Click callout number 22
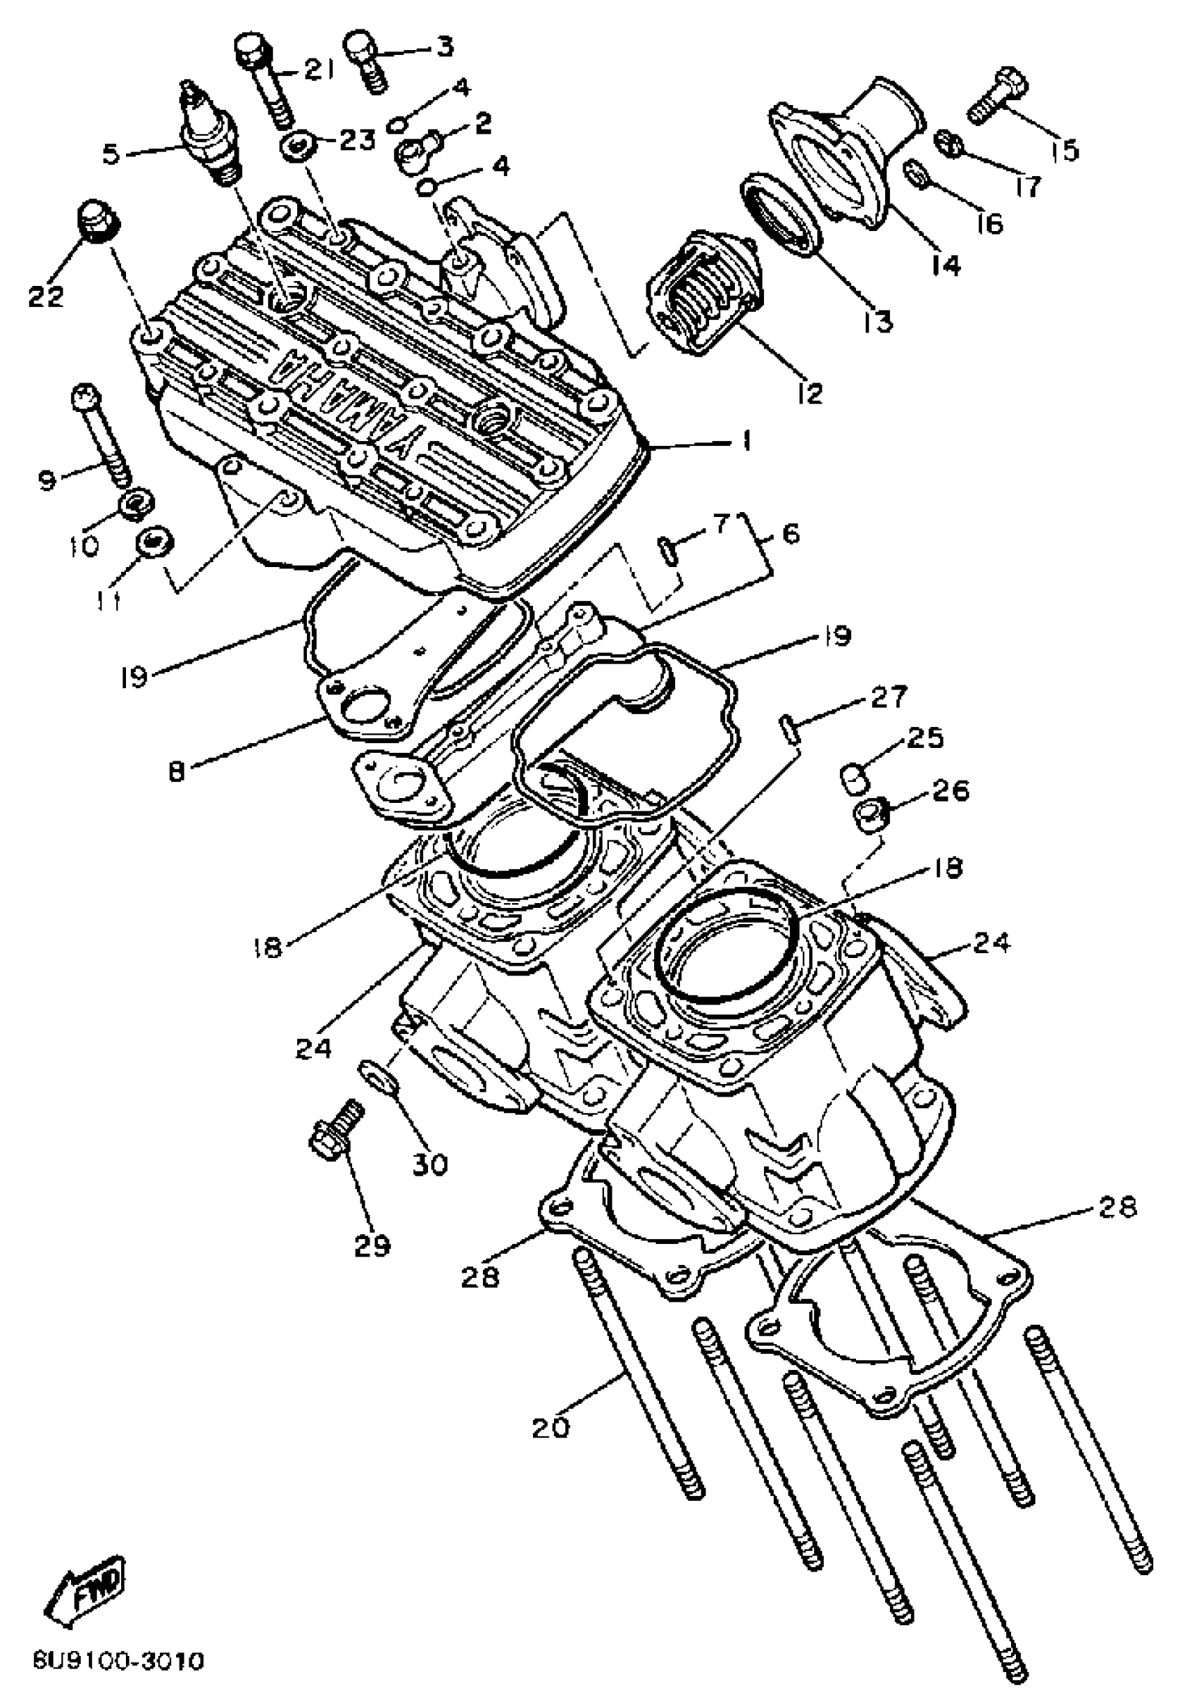pyautogui.click(x=47, y=296)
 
